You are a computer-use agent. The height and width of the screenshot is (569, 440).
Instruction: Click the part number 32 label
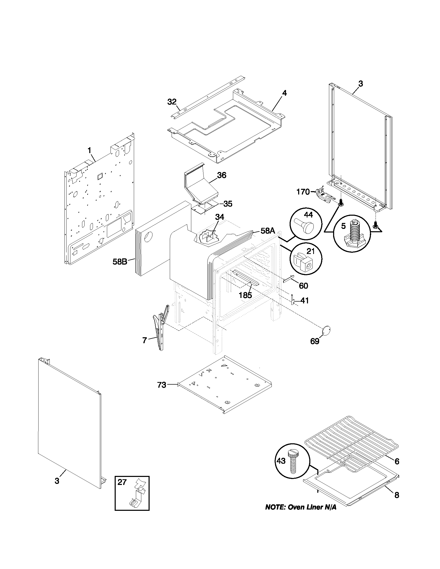pyautogui.click(x=172, y=102)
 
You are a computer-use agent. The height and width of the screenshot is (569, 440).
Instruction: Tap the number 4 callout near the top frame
pyautogui.click(x=284, y=93)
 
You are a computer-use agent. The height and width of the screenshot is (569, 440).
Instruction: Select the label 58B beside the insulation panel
pyautogui.click(x=120, y=261)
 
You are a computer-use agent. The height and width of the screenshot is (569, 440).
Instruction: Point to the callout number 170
pyautogui.click(x=303, y=192)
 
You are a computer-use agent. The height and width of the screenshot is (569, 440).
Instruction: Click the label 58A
pyautogui.click(x=268, y=231)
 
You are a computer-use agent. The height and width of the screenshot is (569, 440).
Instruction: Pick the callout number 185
pyautogui.click(x=245, y=295)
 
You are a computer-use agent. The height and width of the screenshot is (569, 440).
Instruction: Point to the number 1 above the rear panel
pyautogui.click(x=89, y=150)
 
